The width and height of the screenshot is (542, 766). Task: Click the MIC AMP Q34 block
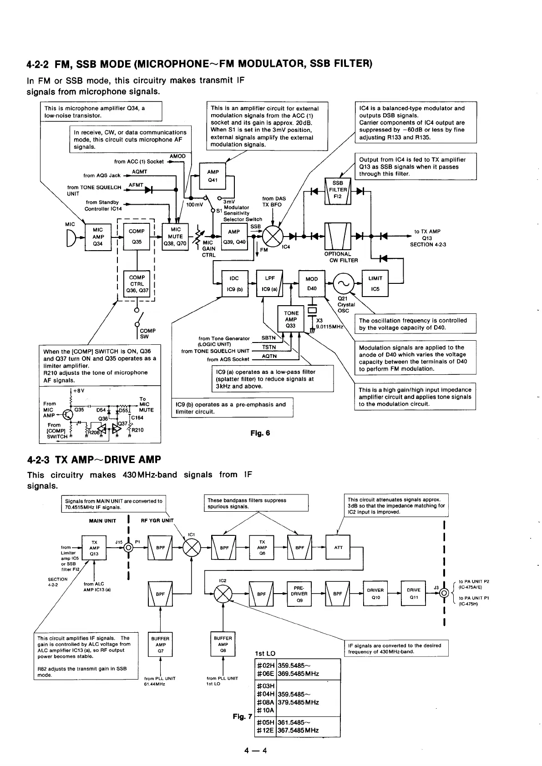click(x=98, y=237)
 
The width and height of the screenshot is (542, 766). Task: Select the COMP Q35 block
click(x=137, y=237)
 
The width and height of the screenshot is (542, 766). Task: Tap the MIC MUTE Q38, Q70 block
click(x=175, y=237)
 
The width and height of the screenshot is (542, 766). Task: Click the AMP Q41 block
click(x=213, y=176)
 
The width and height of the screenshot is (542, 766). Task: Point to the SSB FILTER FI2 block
click(x=338, y=190)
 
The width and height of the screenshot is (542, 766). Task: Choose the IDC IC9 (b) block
click(x=234, y=283)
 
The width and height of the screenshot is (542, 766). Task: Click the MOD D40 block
click(x=312, y=283)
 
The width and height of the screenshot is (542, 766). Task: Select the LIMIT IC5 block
click(x=375, y=283)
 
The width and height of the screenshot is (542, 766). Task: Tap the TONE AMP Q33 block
click(x=291, y=319)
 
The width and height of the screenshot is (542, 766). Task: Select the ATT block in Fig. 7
click(x=338, y=548)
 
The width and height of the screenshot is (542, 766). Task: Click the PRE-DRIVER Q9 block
click(x=299, y=594)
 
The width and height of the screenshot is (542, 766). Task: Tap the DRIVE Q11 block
click(x=413, y=594)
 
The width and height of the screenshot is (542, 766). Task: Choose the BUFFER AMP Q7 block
click(x=160, y=645)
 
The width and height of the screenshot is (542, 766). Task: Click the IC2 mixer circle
click(x=223, y=594)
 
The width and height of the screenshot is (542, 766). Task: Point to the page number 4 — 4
click(x=255, y=751)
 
